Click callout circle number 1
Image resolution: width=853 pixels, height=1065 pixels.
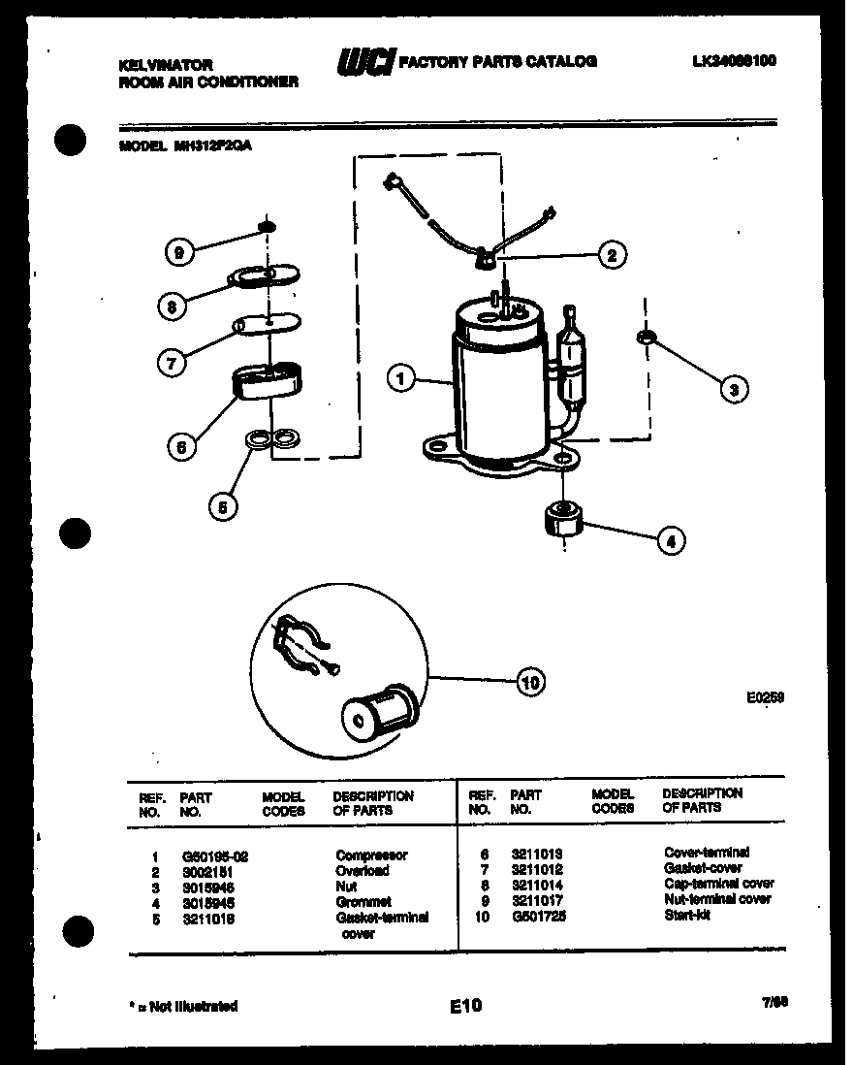400,378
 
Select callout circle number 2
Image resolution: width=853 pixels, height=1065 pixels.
611,255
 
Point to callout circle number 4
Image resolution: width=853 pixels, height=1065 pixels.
670,540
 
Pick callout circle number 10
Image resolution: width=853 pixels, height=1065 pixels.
530,683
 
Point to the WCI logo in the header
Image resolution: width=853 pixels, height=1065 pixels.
364,62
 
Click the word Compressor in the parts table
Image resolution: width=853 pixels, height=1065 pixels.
371,855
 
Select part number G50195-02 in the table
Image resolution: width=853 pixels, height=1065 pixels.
215,855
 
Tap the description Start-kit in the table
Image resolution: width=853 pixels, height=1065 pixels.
686,915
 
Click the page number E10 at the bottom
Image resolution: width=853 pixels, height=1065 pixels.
465,1007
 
